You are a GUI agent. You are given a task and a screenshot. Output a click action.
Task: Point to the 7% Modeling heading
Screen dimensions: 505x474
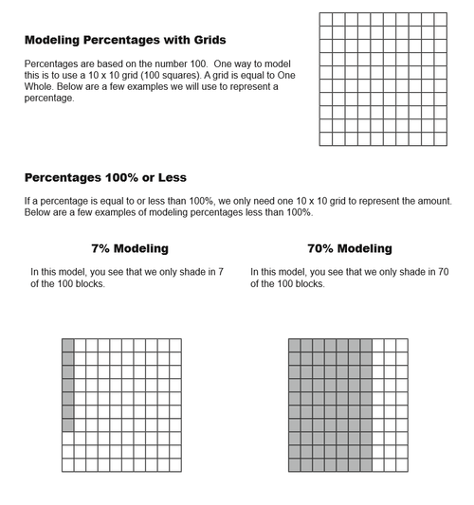tap(130, 248)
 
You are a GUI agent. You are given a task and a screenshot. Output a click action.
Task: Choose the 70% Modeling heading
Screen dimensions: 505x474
tap(349, 248)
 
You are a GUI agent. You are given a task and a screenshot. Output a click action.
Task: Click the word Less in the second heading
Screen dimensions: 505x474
tap(170, 177)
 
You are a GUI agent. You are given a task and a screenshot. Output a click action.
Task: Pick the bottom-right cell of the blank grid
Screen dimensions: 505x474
tap(440, 138)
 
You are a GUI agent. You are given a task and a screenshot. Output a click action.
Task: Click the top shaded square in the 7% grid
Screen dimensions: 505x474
tap(67, 345)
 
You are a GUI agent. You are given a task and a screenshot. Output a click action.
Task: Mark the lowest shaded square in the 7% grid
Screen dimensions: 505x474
tap(67, 424)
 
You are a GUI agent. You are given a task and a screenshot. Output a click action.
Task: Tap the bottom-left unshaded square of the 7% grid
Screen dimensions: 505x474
tap(67, 465)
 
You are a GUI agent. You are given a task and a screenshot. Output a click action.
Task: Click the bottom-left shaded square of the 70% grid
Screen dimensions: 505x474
tap(294, 465)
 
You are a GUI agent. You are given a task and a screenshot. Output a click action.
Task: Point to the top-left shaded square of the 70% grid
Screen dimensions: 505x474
tap(294, 345)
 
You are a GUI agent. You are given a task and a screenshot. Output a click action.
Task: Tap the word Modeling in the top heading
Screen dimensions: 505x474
tap(57, 40)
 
